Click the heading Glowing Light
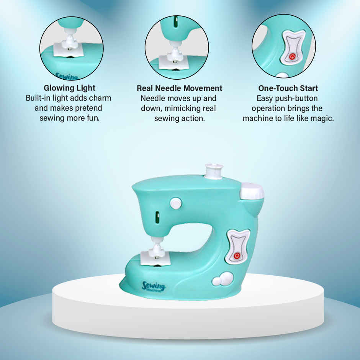(x=69, y=88)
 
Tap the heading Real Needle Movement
(x=180, y=88)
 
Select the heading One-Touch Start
(x=288, y=88)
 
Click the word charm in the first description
(x=100, y=98)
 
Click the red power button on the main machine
(x=237, y=255)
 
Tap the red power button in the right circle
(x=292, y=56)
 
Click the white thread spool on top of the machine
(x=214, y=171)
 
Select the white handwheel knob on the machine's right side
(x=252, y=191)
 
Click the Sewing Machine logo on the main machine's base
(x=154, y=286)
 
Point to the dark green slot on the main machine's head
(x=157, y=217)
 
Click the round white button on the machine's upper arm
(x=176, y=203)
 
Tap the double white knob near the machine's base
(x=222, y=279)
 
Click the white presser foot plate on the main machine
(x=155, y=258)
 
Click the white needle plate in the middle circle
(x=173, y=62)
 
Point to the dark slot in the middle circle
(x=176, y=22)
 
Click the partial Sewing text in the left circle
(x=66, y=76)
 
